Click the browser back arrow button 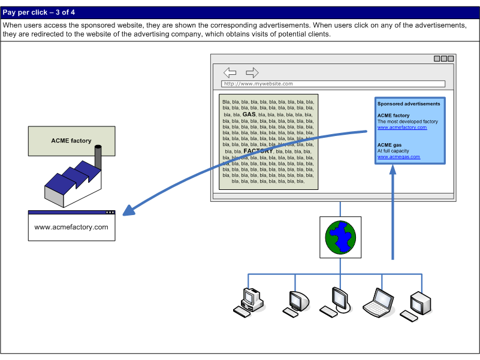230,72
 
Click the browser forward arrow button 252,72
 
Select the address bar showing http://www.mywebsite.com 333,84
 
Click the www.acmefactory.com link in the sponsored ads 402,128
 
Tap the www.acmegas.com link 399,157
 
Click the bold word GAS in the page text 249,114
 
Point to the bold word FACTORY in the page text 258,151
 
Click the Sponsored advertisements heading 409,104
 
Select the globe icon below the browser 340,237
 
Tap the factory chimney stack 98,157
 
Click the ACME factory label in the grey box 71,141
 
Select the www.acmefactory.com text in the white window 71,227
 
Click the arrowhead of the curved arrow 129,211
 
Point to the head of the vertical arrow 393,170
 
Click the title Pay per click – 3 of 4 39,13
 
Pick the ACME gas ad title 390,145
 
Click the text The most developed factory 407,122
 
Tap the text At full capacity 393,151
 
